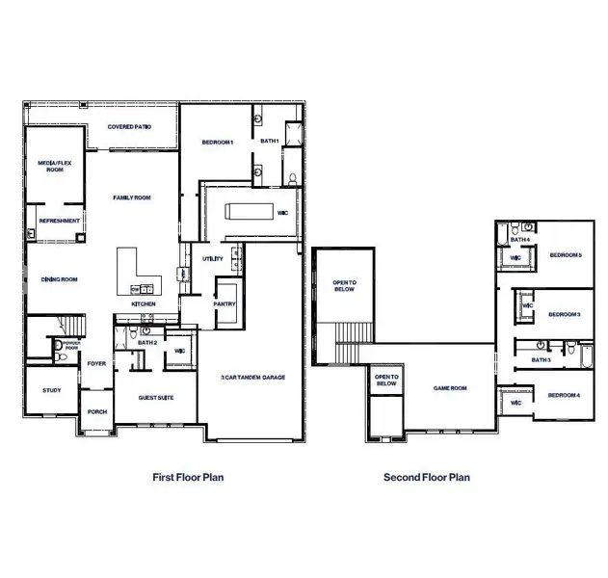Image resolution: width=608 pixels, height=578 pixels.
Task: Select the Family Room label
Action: (x=132, y=197)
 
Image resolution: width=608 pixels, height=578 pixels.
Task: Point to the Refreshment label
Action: (x=54, y=221)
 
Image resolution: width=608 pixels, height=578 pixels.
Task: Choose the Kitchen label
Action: (x=144, y=304)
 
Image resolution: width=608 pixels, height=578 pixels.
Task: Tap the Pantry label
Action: (x=225, y=304)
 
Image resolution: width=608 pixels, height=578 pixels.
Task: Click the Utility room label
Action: (x=212, y=258)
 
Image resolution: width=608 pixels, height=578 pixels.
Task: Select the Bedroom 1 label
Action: (x=218, y=142)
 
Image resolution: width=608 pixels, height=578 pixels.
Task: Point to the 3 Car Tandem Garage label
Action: (x=253, y=378)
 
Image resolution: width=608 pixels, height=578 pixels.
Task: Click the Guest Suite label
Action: (x=155, y=396)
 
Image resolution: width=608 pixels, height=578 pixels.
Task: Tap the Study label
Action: (x=51, y=390)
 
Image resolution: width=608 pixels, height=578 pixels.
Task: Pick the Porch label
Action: (x=97, y=411)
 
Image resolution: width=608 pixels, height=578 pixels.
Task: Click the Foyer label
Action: (x=97, y=364)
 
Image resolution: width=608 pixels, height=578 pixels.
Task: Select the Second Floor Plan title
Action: (x=427, y=477)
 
